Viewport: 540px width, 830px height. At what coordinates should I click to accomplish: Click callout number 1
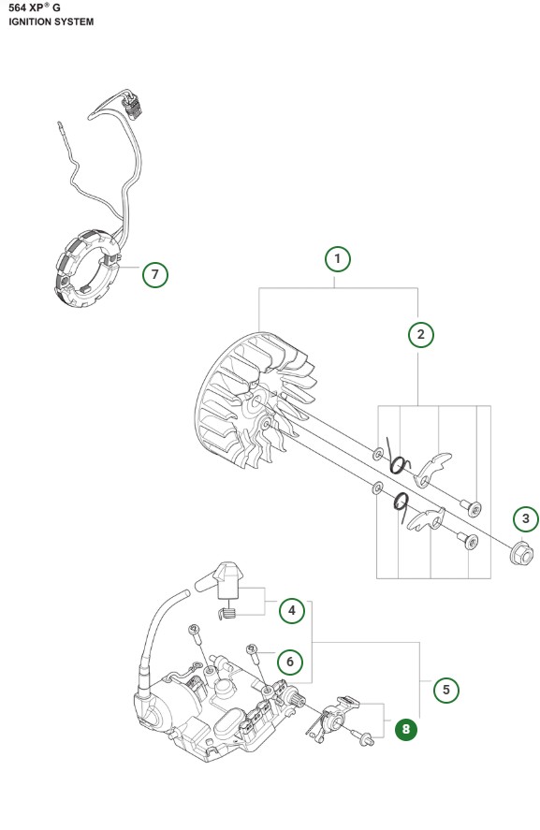coord(337,259)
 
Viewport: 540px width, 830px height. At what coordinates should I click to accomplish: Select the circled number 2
coord(421,335)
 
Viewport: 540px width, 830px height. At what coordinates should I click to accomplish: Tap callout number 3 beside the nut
coord(526,518)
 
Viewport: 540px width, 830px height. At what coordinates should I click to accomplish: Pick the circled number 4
coord(292,610)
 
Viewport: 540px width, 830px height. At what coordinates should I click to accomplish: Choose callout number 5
coord(446,690)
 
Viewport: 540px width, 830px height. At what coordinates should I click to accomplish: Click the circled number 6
coord(290,662)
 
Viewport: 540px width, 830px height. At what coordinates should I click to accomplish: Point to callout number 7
coord(155,275)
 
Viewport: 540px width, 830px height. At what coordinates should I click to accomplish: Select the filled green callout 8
coord(406,730)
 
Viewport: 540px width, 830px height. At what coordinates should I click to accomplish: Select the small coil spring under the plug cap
coord(227,612)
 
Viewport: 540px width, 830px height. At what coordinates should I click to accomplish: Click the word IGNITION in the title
coord(29,22)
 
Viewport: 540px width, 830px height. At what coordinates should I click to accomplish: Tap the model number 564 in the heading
coord(18,7)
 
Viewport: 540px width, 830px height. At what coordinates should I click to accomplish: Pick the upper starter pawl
coord(433,469)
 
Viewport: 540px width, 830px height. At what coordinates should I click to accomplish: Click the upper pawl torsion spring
coord(397,458)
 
